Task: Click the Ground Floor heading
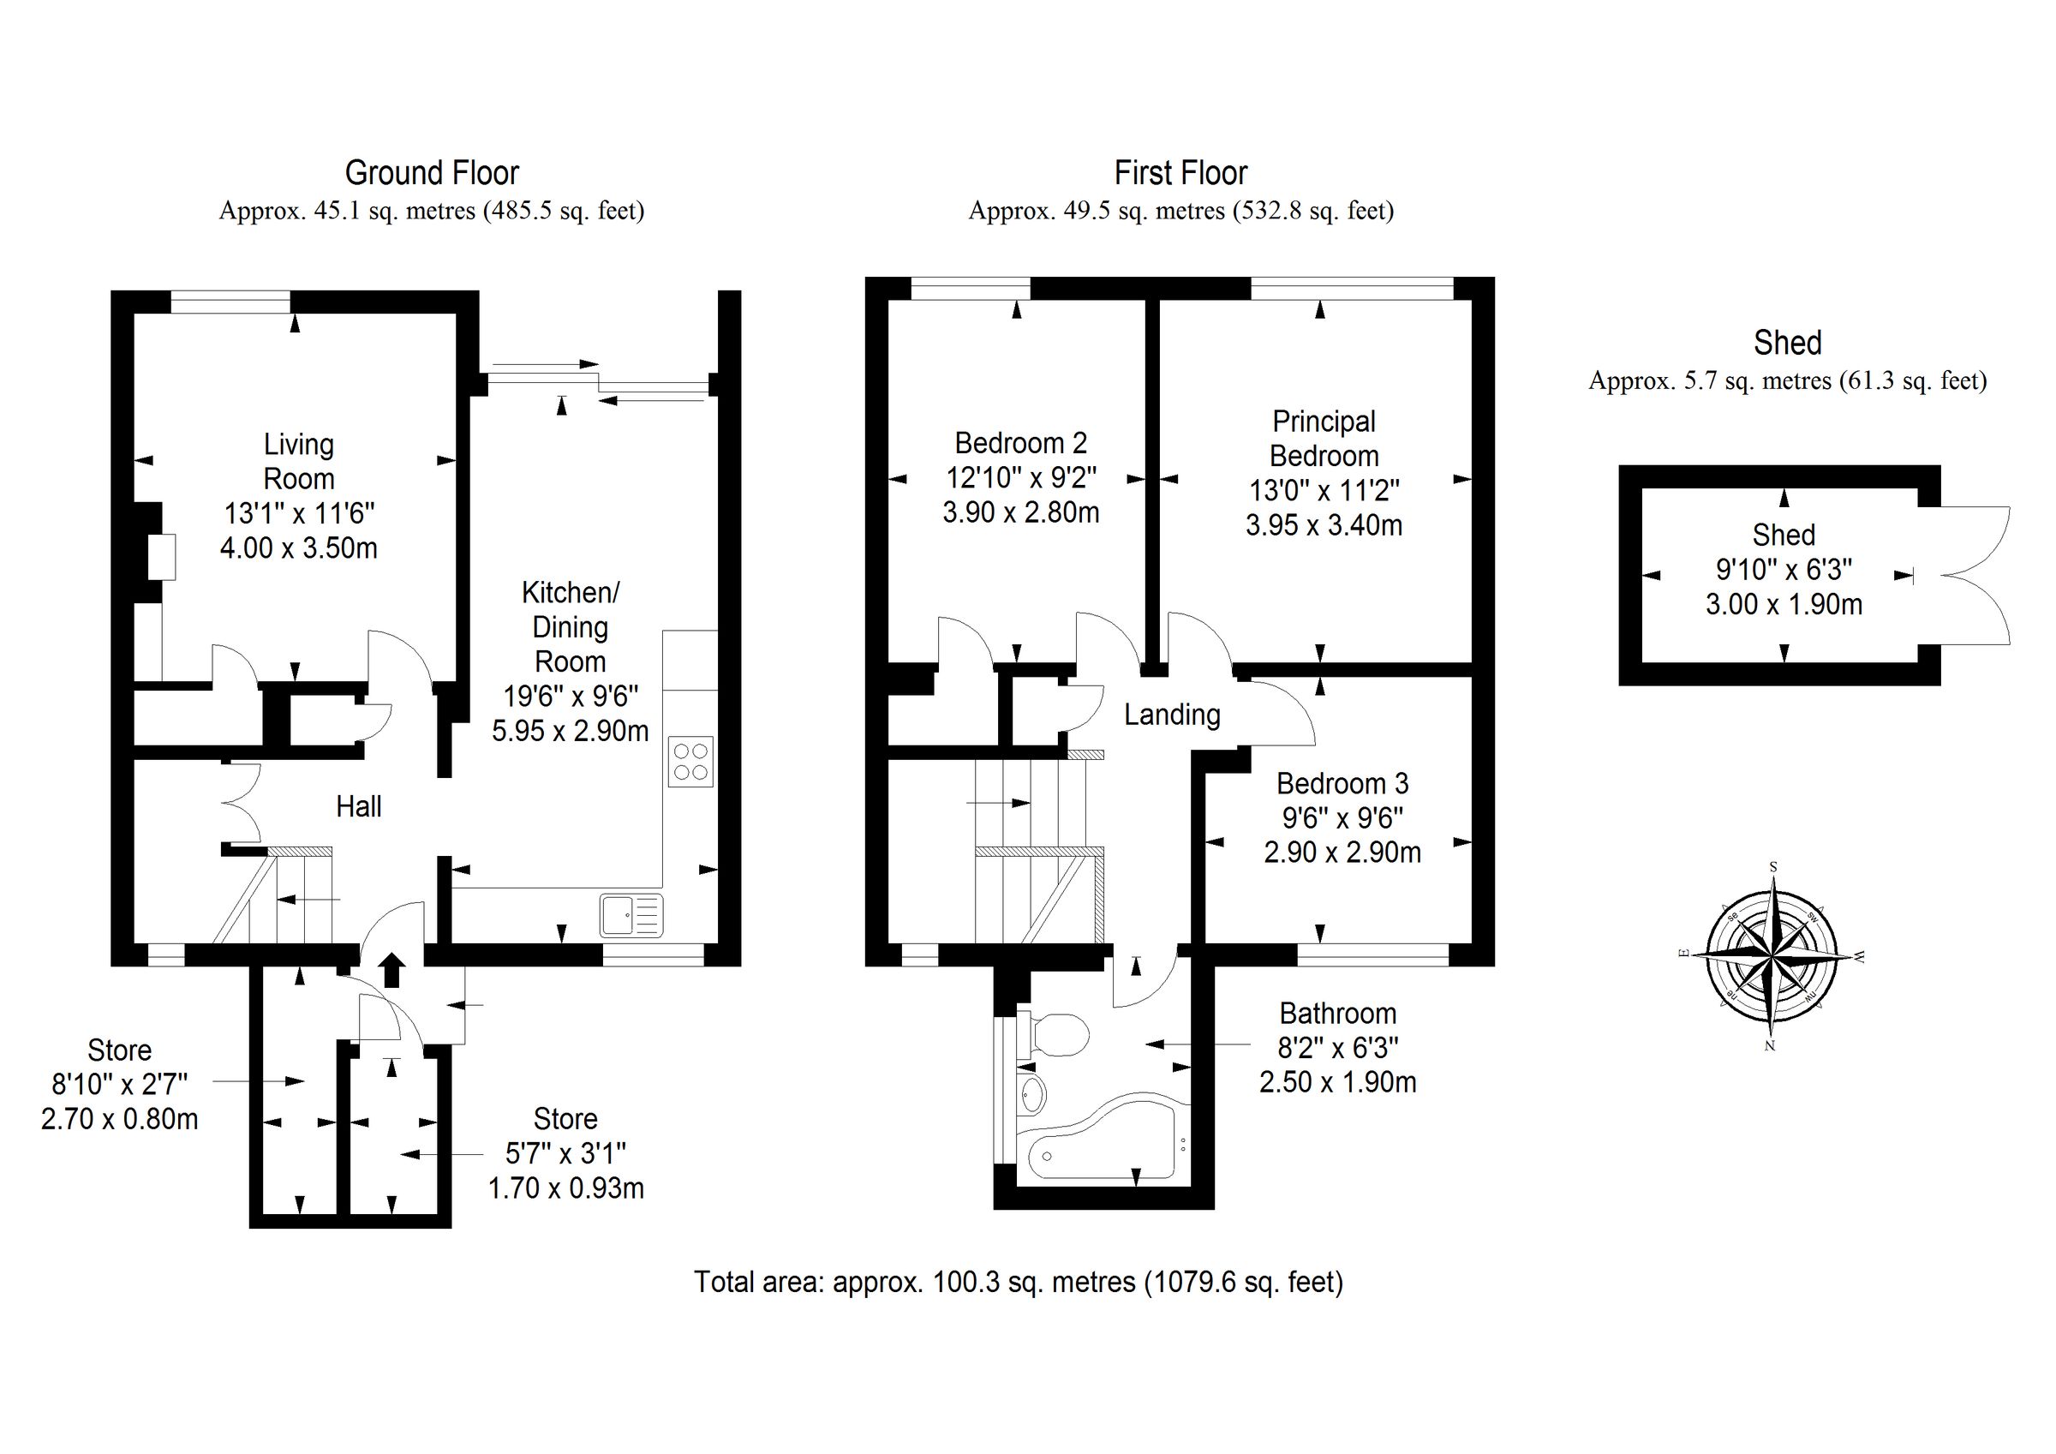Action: click(x=432, y=172)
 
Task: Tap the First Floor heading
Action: click(x=1180, y=172)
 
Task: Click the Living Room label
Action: click(x=298, y=461)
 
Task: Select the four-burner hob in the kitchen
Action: click(x=690, y=762)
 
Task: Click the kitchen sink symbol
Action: click(x=632, y=915)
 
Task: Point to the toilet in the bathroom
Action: click(x=1055, y=1036)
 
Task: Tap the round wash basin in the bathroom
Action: click(x=1032, y=1094)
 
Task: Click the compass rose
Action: click(x=1772, y=956)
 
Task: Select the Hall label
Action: click(x=358, y=806)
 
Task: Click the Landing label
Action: click(x=1172, y=715)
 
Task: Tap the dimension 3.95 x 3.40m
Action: click(x=1324, y=525)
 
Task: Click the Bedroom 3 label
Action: click(x=1342, y=784)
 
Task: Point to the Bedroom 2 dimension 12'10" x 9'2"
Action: click(x=1021, y=477)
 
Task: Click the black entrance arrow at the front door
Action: click(x=391, y=970)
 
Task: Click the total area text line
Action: click(x=1019, y=1282)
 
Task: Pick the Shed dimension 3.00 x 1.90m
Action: click(x=1783, y=604)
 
